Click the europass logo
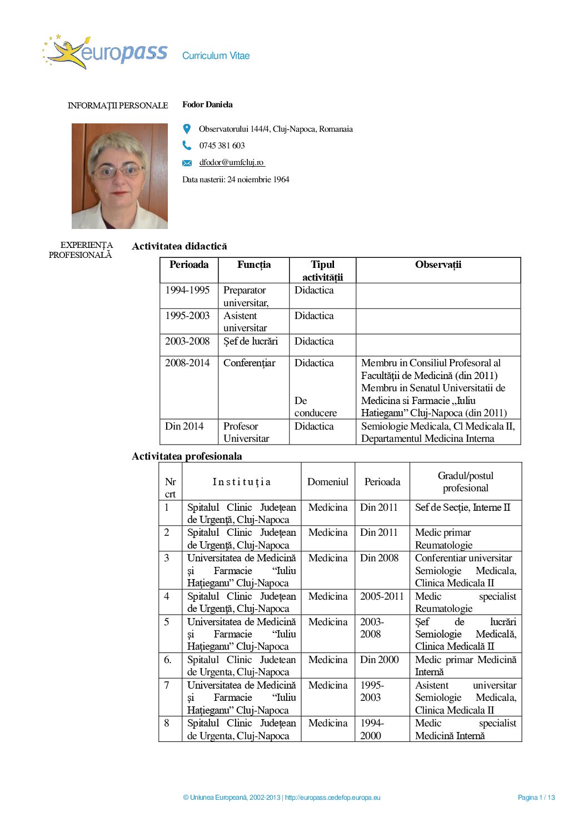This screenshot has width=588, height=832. click(104, 52)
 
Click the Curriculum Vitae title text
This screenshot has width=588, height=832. click(216, 56)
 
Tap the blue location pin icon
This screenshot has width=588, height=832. click(187, 129)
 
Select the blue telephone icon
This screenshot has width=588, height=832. click(187, 146)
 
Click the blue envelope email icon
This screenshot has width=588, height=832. click(187, 163)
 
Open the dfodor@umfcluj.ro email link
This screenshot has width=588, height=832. click(232, 162)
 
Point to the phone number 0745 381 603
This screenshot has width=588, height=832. click(222, 146)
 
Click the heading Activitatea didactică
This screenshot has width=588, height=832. click(180, 246)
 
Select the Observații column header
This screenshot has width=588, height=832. click(438, 265)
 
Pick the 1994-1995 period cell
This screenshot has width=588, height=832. click(187, 290)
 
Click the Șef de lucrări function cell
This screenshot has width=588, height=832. click(251, 341)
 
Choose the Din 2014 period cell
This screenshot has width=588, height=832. click(185, 426)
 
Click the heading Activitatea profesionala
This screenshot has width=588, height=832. click(187, 456)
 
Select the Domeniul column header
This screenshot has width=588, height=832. click(328, 482)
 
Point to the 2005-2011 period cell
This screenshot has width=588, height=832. click(382, 596)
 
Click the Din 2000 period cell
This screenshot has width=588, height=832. click(380, 660)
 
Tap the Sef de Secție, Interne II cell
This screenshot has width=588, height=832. click(462, 507)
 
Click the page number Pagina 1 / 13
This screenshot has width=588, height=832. click(536, 798)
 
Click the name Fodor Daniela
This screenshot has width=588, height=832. click(207, 104)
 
